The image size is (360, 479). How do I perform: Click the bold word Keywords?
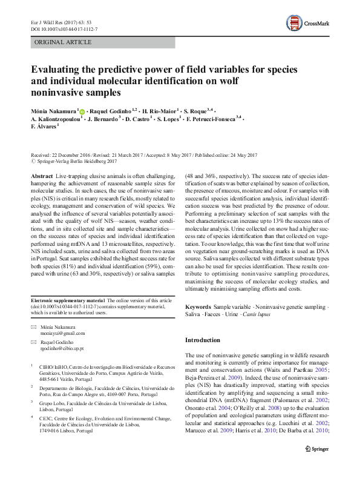pos(198,308)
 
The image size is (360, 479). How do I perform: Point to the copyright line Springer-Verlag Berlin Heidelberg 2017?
pos(76,162)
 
